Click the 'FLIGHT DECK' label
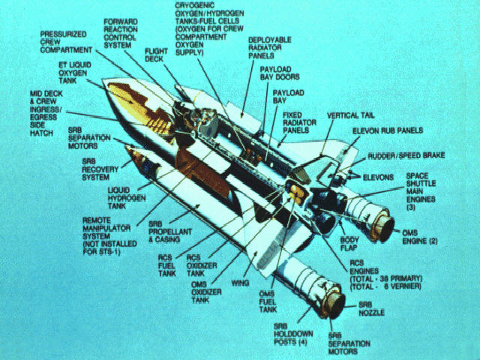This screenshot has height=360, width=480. (x=156, y=55)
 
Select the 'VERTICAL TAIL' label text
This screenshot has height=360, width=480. (x=350, y=115)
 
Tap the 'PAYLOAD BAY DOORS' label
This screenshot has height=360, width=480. (x=280, y=73)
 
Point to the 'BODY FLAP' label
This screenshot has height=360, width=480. (x=349, y=244)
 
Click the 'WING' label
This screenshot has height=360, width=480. (x=240, y=283)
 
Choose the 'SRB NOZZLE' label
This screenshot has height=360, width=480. (x=371, y=308)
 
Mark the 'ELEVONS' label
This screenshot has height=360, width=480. (x=378, y=178)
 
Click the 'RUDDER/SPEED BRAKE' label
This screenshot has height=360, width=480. (x=406, y=156)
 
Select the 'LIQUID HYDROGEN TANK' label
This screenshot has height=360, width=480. (x=127, y=198)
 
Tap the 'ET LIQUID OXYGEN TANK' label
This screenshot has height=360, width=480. (x=75, y=73)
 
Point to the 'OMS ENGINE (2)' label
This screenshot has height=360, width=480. (x=420, y=237)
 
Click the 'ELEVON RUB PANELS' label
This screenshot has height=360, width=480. (x=388, y=130)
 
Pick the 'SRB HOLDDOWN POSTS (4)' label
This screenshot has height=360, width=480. (x=293, y=334)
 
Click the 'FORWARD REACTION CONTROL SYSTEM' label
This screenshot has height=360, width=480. (x=121, y=34)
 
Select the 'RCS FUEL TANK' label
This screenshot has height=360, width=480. (x=166, y=265)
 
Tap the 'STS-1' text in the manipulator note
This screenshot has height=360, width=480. (x=109, y=252)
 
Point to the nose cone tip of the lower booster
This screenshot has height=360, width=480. (x=127, y=147)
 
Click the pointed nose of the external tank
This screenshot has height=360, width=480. (x=103, y=80)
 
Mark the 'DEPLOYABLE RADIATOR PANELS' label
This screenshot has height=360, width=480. (x=270, y=48)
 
